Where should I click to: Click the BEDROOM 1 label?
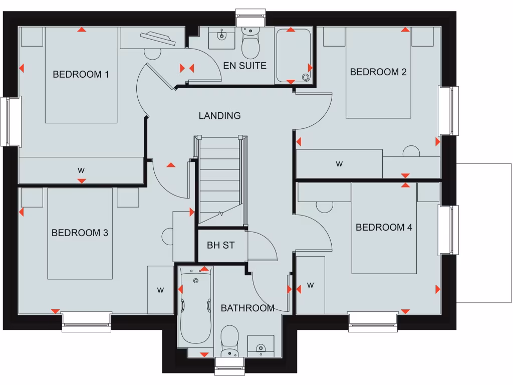point(81,75)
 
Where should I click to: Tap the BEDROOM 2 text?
point(378,72)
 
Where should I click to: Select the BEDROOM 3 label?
point(80,233)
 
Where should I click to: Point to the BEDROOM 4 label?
point(384,228)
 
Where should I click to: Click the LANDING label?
point(219,116)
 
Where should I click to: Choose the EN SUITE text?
point(245,66)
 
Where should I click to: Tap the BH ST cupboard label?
point(220,246)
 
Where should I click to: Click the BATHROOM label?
point(247,308)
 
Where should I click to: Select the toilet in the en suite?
point(249,45)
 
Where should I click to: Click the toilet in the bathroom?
point(230,341)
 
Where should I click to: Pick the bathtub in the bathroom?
point(196,306)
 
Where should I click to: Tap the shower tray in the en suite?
point(293,56)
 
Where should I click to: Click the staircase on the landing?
point(220,180)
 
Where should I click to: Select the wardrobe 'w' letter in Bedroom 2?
point(339,163)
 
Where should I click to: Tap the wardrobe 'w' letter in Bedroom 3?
point(160,290)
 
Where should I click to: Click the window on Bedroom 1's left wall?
point(11,122)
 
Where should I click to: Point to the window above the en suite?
point(251,19)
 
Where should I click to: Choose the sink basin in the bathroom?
point(261,346)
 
